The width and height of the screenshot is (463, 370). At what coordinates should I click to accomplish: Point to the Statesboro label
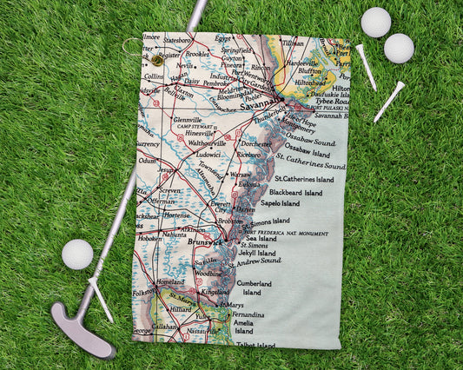click(177, 40)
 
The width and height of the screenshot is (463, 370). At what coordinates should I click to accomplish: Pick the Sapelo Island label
click(280, 203)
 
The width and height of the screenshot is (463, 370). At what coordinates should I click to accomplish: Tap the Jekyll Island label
click(256, 253)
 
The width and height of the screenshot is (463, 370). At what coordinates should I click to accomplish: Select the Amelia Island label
click(243, 326)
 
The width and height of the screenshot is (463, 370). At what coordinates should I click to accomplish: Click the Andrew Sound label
click(258, 261)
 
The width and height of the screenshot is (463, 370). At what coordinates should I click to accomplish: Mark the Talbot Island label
click(255, 345)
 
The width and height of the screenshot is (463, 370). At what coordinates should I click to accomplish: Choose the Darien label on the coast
click(245, 209)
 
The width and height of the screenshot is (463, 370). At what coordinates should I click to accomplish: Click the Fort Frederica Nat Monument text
click(286, 234)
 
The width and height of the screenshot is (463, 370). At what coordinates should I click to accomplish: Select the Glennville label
click(187, 121)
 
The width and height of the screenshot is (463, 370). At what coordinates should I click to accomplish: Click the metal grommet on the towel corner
click(155, 61)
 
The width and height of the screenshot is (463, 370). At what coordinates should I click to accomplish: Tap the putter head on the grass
click(83, 331)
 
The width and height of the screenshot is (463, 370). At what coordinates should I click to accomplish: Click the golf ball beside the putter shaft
click(77, 254)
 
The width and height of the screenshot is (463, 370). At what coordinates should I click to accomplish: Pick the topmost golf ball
click(375, 23)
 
